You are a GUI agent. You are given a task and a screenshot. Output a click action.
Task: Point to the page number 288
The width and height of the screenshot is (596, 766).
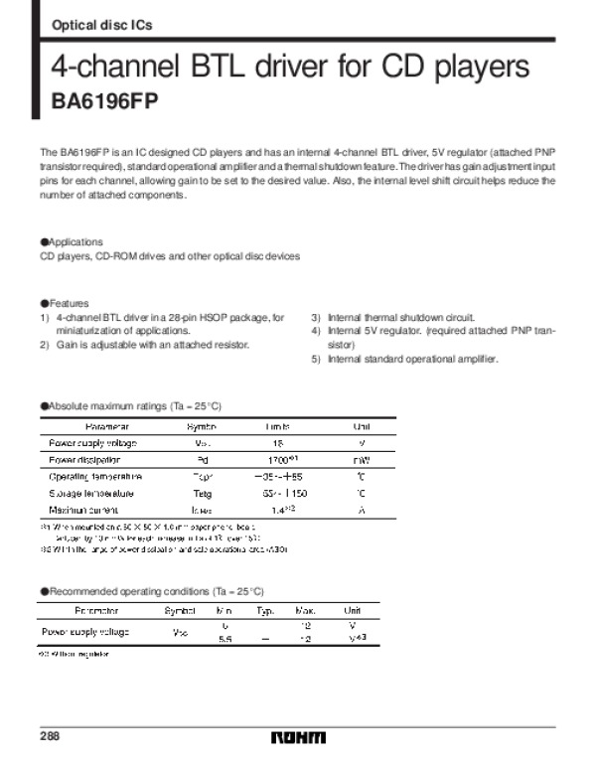click(x=50, y=735)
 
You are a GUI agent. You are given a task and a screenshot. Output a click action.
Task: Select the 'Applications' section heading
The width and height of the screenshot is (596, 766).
click(x=74, y=242)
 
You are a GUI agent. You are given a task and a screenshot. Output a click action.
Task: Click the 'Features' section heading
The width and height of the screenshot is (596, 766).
click(x=69, y=303)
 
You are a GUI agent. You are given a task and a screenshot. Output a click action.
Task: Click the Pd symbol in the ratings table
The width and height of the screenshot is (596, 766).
click(x=202, y=460)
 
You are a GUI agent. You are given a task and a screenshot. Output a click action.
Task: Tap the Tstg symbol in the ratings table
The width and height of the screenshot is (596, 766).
click(x=202, y=493)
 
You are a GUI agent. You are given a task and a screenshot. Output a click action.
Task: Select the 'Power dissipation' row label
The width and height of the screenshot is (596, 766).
click(x=84, y=460)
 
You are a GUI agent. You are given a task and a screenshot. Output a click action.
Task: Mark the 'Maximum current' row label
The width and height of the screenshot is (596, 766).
click(x=85, y=509)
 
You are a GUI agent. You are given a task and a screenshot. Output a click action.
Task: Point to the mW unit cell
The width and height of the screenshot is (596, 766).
click(x=362, y=460)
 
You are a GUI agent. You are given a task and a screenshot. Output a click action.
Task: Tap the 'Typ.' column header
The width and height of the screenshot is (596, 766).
click(x=265, y=609)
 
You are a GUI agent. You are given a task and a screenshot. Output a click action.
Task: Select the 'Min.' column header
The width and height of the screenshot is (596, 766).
click(x=224, y=609)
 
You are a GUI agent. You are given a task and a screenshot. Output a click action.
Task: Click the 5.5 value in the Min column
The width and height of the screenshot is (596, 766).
click(x=224, y=640)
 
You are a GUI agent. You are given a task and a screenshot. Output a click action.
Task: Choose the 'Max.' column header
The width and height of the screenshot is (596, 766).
click(x=306, y=609)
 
